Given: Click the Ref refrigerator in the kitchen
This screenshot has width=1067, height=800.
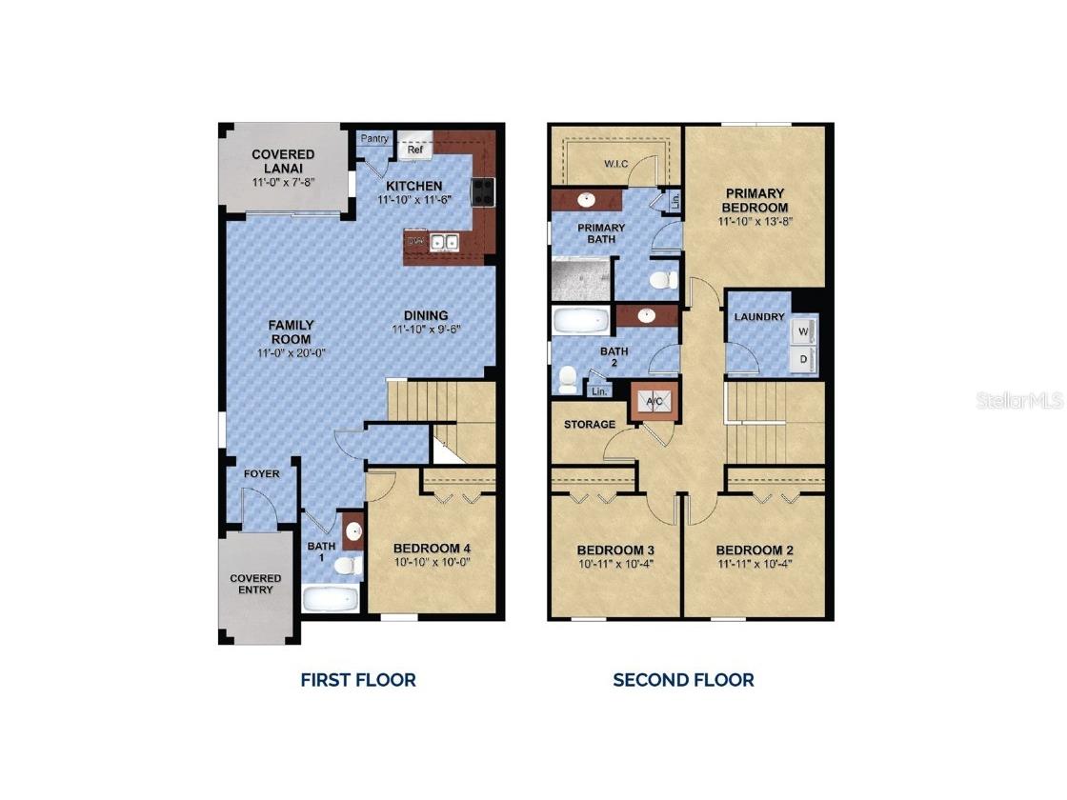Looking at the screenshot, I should click(x=415, y=148).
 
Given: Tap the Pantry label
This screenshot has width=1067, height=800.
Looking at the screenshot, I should click(x=374, y=139).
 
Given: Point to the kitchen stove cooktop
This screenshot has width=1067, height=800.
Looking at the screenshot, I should click(x=482, y=191).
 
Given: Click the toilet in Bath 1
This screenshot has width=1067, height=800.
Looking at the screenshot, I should click(x=348, y=567).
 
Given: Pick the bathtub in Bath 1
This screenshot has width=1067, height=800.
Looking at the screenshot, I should click(x=331, y=598).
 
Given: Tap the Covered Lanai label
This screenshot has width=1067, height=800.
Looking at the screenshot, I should click(x=283, y=161).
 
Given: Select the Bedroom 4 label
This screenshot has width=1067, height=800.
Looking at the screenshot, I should click(x=432, y=549).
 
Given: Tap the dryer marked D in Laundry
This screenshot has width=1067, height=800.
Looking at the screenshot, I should click(x=803, y=359).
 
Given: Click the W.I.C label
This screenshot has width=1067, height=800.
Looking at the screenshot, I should click(x=614, y=162).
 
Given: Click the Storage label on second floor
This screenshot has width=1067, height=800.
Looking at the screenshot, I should click(x=590, y=424).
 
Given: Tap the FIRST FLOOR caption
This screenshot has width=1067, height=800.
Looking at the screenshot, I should click(x=358, y=680).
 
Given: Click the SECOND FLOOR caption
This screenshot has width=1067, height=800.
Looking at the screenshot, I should click(x=683, y=680).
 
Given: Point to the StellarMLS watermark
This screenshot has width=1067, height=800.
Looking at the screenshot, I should click(x=1018, y=400).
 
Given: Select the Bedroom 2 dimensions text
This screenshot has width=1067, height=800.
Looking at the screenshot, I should click(x=755, y=563).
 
